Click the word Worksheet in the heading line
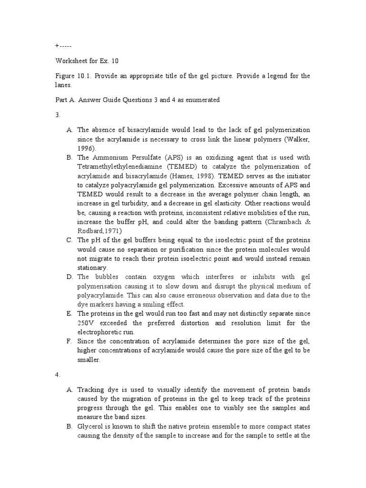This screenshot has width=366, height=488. [71, 61]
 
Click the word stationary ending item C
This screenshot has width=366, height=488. [94, 268]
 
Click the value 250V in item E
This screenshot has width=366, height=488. [86, 323]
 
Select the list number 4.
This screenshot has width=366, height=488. [57, 375]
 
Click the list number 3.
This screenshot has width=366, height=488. [57, 115]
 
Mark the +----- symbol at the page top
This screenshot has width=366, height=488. [63, 46]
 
